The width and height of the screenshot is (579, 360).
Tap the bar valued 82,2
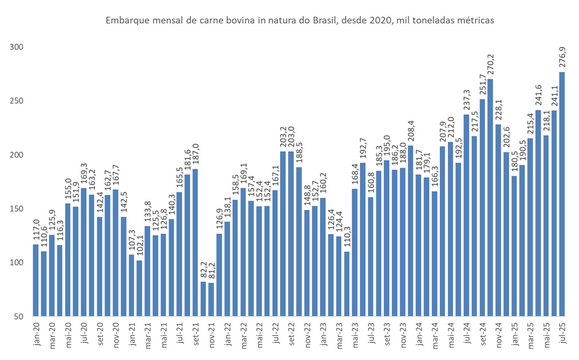tap(203, 298)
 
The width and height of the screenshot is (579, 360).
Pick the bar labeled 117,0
tap(36, 280)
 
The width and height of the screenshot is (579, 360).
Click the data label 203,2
tap(283, 137)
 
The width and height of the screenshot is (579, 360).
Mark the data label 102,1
tap(139, 247)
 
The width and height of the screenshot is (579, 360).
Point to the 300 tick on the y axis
tap(18, 47)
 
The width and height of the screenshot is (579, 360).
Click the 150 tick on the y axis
tap(18, 209)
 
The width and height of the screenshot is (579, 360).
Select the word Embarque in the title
tap(125, 21)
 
